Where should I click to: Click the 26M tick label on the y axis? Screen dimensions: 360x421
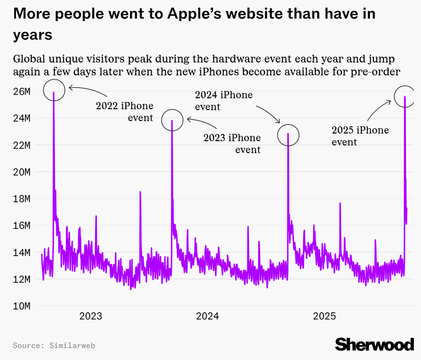[x=22, y=91]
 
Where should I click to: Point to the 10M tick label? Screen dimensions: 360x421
[x=22, y=306]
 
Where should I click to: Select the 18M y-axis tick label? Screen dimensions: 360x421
[x=22, y=198]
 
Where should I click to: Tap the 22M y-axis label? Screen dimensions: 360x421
[x=22, y=145]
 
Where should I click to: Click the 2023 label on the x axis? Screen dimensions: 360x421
[x=91, y=316]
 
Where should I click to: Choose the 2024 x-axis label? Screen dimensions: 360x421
[x=207, y=316]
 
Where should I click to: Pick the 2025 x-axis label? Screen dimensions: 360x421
[x=325, y=316]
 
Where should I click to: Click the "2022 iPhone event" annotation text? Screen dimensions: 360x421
[x=125, y=112]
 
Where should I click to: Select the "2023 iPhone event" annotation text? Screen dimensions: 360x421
[x=232, y=144]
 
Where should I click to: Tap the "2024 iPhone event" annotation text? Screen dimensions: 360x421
[x=223, y=101]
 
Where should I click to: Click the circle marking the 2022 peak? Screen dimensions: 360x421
[x=53, y=90]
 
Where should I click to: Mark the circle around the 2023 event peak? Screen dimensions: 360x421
[x=172, y=120]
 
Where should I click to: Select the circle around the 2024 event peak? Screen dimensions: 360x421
[x=288, y=135]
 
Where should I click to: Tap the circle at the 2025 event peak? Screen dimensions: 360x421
[x=405, y=96]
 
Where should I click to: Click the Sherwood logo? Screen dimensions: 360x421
[x=374, y=344]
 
